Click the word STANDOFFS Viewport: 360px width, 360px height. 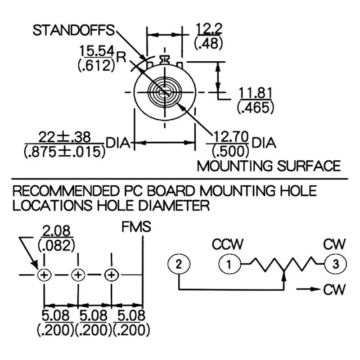(x=73, y=31)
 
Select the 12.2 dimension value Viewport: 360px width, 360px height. (x=209, y=29)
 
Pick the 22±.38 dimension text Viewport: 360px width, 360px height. (x=64, y=137)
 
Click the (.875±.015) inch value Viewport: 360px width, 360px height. (x=64, y=152)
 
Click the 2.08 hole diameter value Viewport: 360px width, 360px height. (x=56, y=232)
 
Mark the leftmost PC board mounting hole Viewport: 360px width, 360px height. (x=44, y=274)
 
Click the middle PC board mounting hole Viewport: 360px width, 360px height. (x=78, y=274)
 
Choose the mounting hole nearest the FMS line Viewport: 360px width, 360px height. (x=111, y=274)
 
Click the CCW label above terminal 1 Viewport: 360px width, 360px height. (x=228, y=245)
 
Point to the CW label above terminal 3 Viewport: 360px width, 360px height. (x=334, y=245)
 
